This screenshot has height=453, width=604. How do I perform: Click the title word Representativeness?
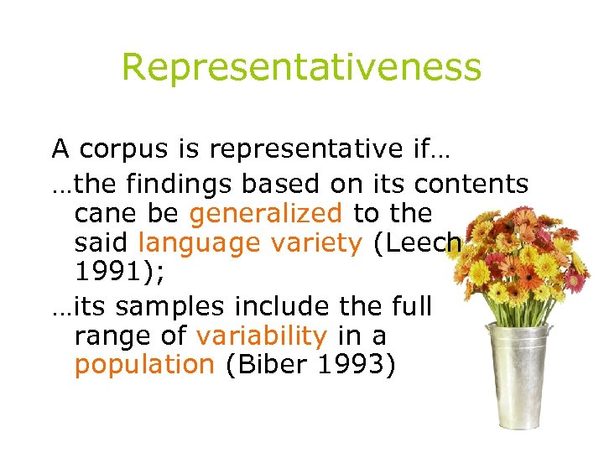coord(302,67)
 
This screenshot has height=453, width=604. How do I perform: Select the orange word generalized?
coord(265,213)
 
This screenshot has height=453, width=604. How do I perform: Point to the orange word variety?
coord(316,244)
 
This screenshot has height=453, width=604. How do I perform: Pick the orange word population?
coord(144,365)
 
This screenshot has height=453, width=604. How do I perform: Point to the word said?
coord(102,244)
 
